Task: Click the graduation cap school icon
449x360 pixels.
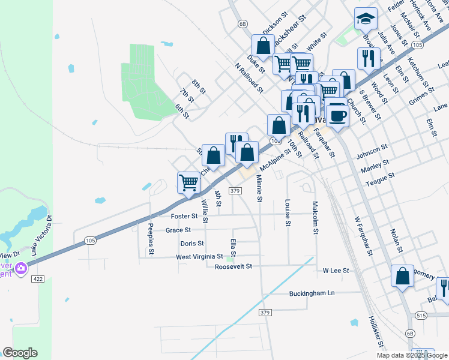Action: click(x=365, y=20)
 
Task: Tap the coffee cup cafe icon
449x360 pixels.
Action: click(x=338, y=115)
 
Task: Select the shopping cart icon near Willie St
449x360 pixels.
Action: click(x=188, y=183)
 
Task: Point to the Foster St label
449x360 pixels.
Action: click(x=184, y=216)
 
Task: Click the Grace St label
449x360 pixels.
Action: click(x=178, y=230)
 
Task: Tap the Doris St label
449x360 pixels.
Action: click(x=192, y=244)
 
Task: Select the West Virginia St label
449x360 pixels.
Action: click(x=199, y=257)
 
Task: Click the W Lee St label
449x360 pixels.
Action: click(x=336, y=271)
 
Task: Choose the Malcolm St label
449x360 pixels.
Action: click(x=315, y=218)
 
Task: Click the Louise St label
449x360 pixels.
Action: click(x=288, y=213)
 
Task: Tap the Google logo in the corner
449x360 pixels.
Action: click(x=20, y=353)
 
